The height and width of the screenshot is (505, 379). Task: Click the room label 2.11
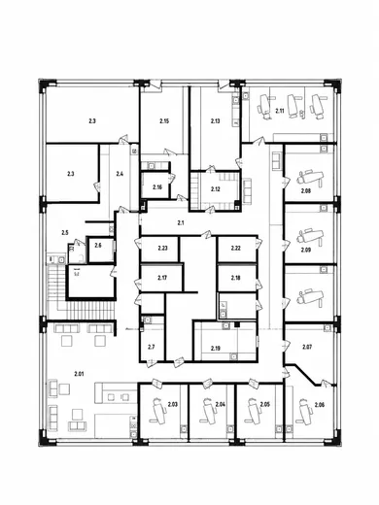pos(280,111)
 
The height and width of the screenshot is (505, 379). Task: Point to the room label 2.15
pos(164,121)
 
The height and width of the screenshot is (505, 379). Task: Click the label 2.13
pos(216,121)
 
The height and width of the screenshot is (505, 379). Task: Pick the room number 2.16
pos(157,187)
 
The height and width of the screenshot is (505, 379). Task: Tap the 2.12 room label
pos(216,189)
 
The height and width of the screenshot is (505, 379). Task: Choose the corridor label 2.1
pos(181,222)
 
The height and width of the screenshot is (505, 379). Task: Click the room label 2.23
pos(162,249)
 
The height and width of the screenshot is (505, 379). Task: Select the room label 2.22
pos(236,249)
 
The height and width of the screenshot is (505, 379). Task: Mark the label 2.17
pos(162,278)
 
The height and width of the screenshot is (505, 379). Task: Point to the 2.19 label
pos(216,349)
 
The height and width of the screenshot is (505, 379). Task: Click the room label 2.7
pos(152,348)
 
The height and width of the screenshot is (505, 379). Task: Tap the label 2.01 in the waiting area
pos(80,374)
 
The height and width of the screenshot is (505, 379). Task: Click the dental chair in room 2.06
pos(304,411)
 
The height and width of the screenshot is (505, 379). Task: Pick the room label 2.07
pos(307,348)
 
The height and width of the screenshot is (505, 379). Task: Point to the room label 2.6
pos(98,246)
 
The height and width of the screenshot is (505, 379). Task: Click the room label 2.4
pos(120,174)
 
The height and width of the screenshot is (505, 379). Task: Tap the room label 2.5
pos(65,232)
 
